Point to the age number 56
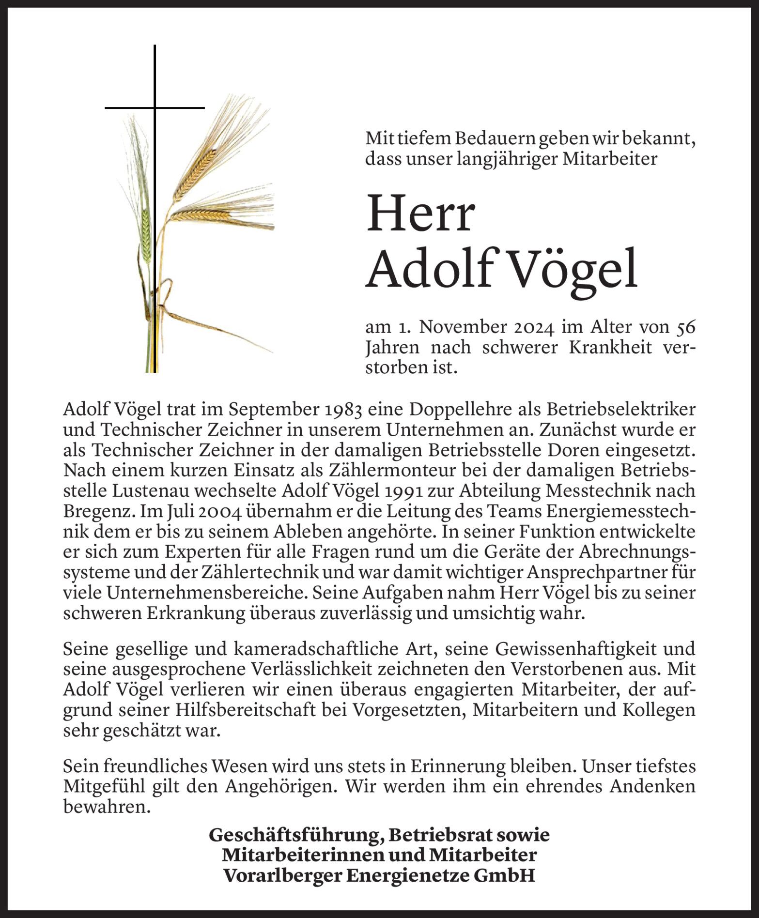[685, 328]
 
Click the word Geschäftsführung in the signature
[291, 835]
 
